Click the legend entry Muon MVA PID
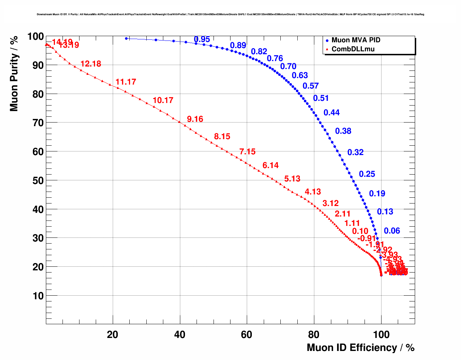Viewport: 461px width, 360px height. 356,40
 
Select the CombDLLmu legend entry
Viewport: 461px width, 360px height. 353,49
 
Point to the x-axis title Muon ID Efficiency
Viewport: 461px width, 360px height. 360,348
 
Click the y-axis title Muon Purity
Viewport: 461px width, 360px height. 14,73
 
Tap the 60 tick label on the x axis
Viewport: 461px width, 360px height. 247,335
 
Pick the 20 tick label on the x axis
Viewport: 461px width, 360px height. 113,335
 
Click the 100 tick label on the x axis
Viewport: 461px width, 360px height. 381,335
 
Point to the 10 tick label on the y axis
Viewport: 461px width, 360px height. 38,296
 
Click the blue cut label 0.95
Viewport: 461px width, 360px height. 202,39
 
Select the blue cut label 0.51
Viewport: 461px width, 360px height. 321,98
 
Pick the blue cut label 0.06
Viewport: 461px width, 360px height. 392,231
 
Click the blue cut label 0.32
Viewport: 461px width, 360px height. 356,153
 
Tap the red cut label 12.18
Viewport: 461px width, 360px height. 91,64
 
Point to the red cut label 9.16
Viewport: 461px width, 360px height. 195,119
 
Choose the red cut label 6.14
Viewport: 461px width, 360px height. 271,166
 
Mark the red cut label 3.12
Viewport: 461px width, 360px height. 331,203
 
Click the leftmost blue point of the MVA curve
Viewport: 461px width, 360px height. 126,38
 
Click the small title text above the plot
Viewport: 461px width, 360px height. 231,14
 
